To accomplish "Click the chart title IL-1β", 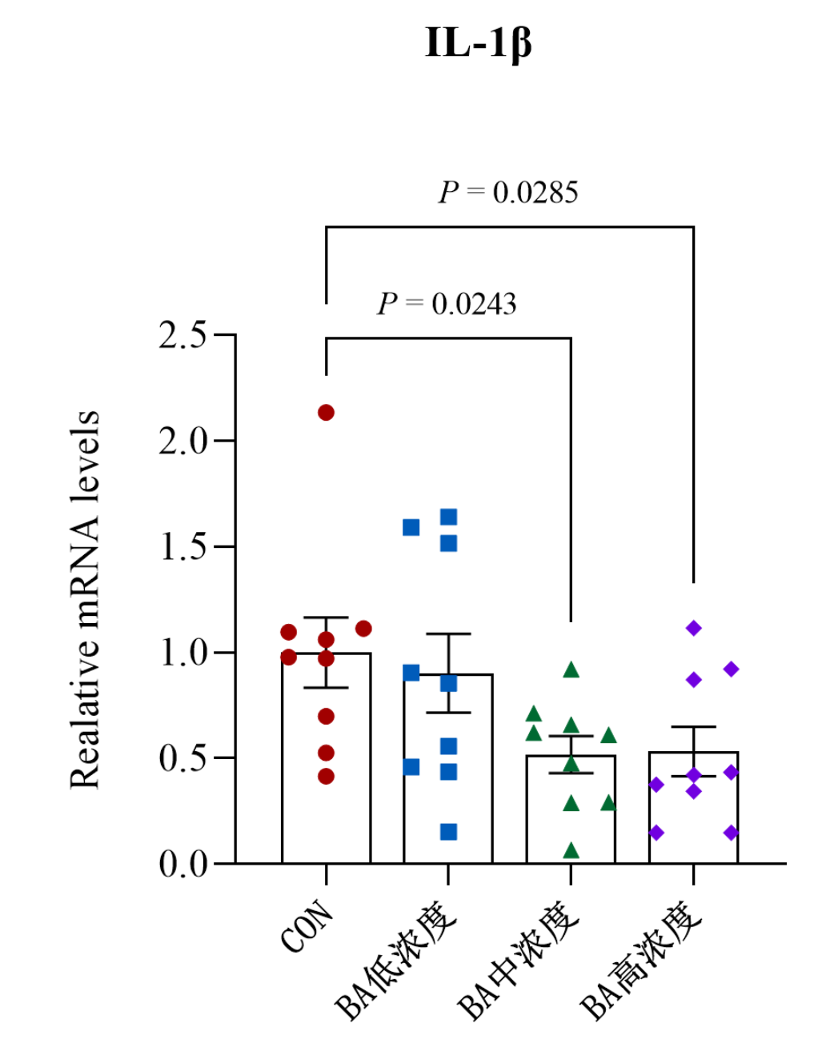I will coord(478,43).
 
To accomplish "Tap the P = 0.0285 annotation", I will coord(508,193).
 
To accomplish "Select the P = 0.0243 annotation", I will coord(447,304).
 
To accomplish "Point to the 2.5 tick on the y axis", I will coord(182,335).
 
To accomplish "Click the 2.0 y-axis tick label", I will coord(182,441).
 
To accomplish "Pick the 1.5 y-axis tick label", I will coord(182,547).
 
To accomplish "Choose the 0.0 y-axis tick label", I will coord(182,865).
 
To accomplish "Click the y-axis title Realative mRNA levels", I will coord(85,600).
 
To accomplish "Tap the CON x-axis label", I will coord(307,926).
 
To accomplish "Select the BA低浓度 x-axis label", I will coord(396,960).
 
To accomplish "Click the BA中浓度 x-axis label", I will coord(519,960).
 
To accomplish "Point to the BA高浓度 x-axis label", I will coord(641,960).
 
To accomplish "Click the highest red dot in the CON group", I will coord(326,413).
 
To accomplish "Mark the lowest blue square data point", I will coord(449,833).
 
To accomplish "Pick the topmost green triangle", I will coord(571,670).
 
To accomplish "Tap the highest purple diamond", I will coord(694,629).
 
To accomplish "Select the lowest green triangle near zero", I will coord(571,850).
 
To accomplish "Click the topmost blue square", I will coord(449,518).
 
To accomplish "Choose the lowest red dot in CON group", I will coord(326,777).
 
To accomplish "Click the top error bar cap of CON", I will coord(326,617).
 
